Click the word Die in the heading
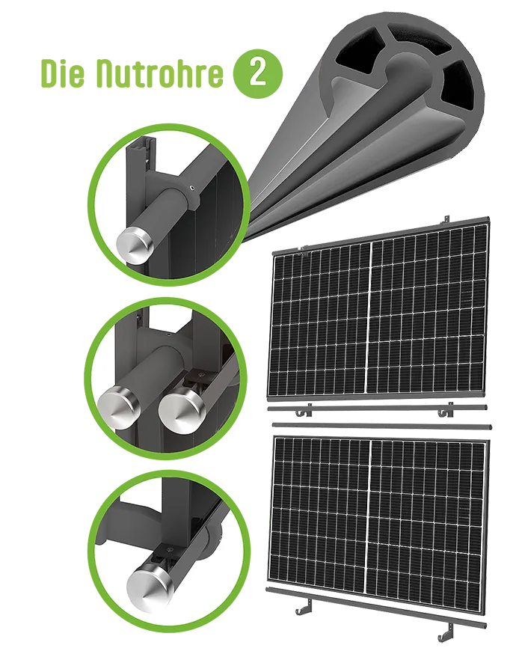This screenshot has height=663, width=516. [x=63, y=73]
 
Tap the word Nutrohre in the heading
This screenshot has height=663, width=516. [x=159, y=73]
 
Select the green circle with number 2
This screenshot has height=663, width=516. [x=258, y=73]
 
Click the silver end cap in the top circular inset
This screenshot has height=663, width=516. [x=135, y=245]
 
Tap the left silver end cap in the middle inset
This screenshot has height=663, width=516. [x=118, y=408]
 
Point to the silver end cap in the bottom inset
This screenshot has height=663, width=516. [x=150, y=586]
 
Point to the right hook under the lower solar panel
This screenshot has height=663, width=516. [x=446, y=633]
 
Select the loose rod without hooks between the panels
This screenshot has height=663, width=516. [x=381, y=425]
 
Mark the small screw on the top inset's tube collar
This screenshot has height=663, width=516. [x=192, y=188]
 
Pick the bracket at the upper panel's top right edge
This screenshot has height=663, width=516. [x=445, y=220]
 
